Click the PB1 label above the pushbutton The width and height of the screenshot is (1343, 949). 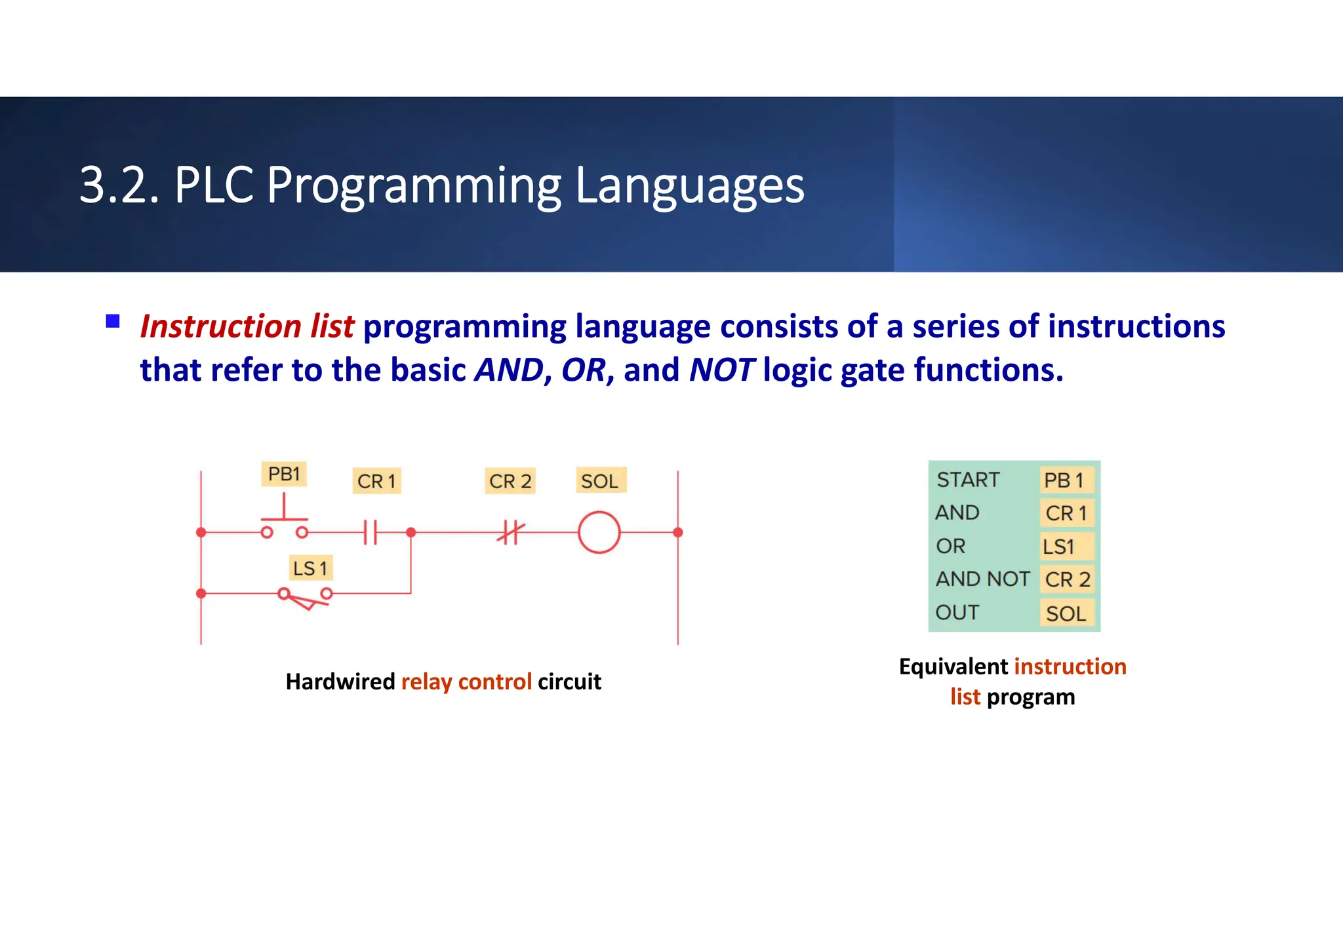(284, 474)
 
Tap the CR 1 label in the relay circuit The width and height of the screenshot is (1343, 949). (376, 481)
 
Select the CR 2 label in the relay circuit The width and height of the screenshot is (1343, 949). (510, 481)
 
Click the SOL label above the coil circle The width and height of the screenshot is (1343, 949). (600, 481)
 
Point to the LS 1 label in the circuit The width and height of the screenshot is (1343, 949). (310, 568)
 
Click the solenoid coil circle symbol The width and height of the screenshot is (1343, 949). (599, 532)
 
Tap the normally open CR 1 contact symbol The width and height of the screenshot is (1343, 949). (371, 532)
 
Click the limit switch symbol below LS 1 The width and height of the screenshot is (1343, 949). (305, 597)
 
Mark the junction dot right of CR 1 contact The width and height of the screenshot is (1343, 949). (411, 532)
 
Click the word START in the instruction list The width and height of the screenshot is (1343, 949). (968, 480)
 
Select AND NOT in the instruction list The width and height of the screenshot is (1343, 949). (982, 579)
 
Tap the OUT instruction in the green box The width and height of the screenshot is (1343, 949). (957, 612)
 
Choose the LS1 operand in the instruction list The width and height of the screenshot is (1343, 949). (1058, 546)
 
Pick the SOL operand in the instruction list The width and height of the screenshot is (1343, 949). (1066, 613)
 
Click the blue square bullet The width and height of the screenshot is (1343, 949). (113, 321)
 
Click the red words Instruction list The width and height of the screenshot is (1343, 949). (247, 326)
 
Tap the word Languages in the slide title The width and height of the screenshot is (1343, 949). (689, 185)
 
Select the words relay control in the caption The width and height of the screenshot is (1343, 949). (466, 682)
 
